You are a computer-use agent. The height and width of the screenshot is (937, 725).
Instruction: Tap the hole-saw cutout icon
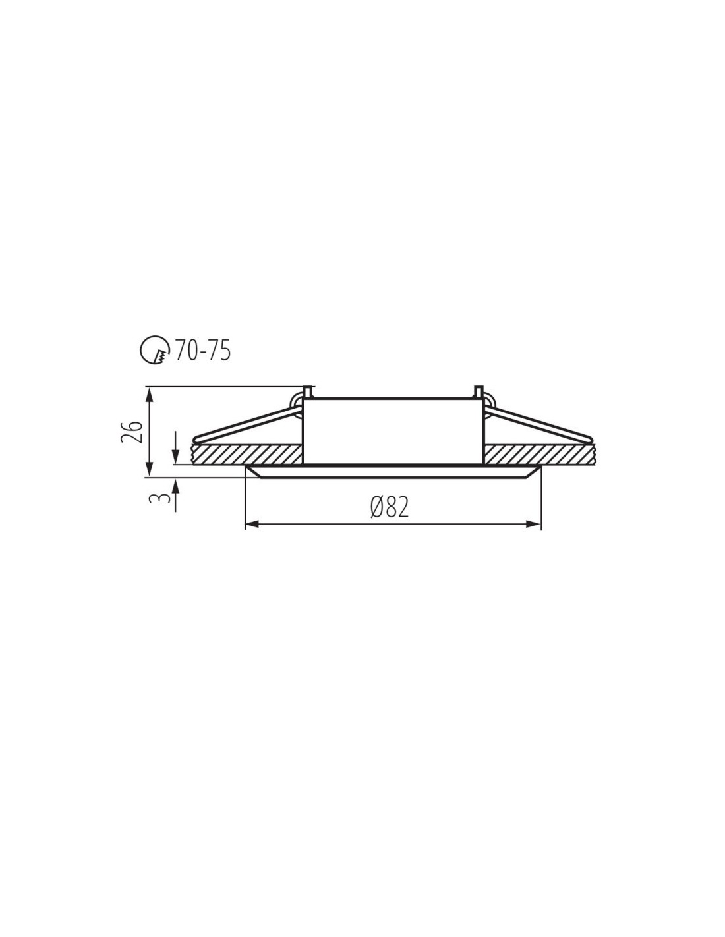tap(154, 350)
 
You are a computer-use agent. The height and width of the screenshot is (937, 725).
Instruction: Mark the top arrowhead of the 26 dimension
tap(149, 394)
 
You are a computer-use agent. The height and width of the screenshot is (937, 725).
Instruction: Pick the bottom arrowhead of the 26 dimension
tap(149, 469)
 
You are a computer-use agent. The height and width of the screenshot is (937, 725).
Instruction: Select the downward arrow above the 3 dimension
tap(176, 447)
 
